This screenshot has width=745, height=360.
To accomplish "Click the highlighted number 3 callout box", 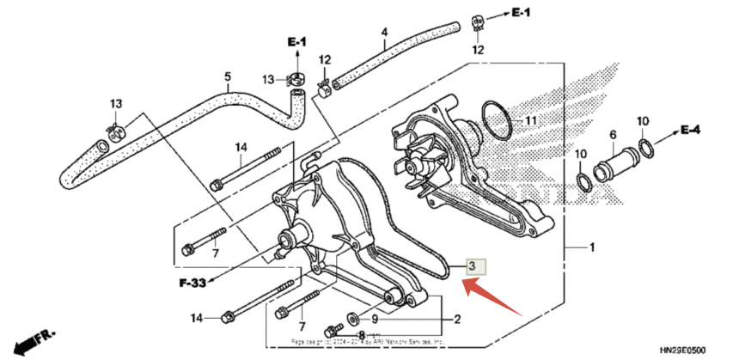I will click(x=475, y=266).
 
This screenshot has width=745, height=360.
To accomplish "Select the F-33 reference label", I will click(x=194, y=282).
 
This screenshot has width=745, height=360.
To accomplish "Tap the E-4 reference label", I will click(x=690, y=130).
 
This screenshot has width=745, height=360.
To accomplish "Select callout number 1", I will click(x=591, y=248).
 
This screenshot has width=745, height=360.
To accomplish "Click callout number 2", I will click(x=458, y=320).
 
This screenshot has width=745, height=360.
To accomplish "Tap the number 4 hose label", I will click(x=384, y=33).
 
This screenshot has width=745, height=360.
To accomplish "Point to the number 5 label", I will click(x=228, y=77).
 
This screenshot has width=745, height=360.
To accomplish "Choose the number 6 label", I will click(x=613, y=135).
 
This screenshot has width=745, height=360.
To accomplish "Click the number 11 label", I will click(x=530, y=120).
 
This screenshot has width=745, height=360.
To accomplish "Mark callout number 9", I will click(x=375, y=320).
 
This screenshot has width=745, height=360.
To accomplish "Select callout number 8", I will click(x=362, y=334).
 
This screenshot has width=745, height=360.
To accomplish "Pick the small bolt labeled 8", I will click(x=331, y=331).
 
